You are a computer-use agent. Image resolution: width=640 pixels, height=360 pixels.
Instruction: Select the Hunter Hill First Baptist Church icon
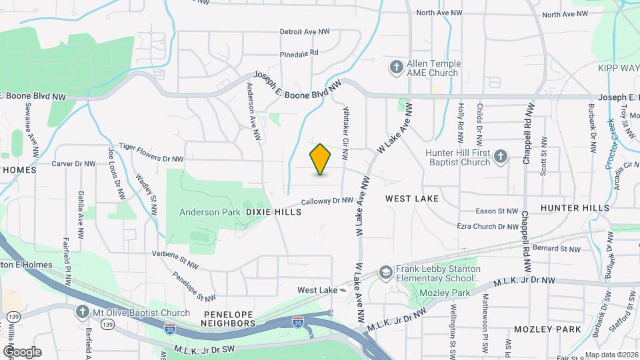501,157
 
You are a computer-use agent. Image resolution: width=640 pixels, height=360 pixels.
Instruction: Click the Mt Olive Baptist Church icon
82,313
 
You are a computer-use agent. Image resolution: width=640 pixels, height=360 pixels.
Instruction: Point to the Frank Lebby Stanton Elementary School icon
385,272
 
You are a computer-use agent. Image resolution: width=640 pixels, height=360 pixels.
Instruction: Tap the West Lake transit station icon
343,290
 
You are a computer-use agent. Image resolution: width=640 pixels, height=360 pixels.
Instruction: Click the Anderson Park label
209,212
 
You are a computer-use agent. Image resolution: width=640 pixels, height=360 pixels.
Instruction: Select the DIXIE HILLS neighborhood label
274,212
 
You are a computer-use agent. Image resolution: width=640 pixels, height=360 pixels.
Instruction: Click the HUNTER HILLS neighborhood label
575,208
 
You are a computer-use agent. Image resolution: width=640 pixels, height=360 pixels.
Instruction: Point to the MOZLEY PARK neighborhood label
548,329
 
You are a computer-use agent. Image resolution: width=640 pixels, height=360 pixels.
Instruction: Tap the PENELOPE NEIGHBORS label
229,317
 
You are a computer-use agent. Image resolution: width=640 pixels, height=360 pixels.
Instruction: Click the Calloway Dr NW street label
327,200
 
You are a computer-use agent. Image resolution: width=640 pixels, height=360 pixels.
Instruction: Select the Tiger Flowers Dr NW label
151,153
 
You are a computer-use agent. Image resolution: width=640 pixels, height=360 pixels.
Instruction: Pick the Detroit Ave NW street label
305,31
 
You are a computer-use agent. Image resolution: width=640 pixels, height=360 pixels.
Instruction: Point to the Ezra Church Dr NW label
487,227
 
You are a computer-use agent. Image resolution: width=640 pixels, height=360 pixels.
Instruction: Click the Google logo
22,351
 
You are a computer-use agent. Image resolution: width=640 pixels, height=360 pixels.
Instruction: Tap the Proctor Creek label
611,142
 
